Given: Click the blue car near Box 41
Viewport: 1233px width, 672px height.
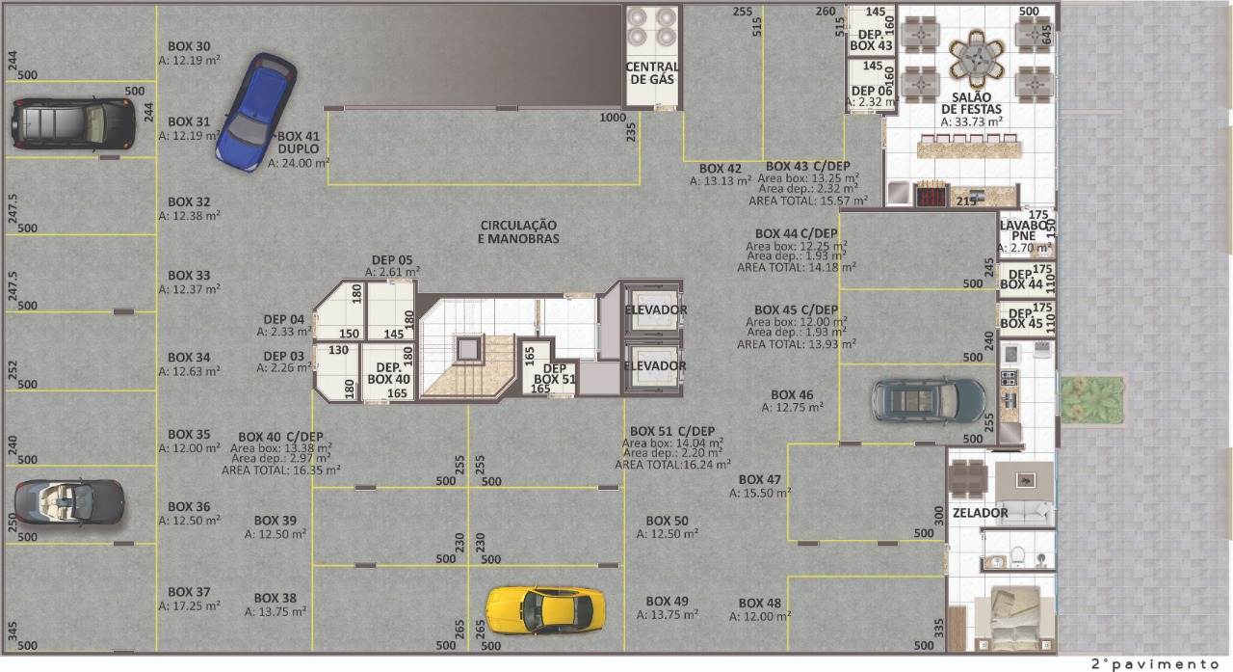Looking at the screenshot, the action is [256, 112].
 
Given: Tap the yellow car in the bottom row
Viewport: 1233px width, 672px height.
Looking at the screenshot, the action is [545, 609].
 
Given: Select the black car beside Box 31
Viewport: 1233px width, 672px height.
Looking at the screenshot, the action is [73, 123].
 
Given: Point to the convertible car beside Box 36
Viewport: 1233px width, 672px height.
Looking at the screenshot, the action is [69, 501].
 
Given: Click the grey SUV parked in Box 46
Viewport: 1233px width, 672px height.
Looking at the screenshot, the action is [928, 400].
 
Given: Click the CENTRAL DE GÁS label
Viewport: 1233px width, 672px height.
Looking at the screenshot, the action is [652, 72].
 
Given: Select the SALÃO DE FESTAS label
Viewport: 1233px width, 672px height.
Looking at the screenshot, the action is [971, 103].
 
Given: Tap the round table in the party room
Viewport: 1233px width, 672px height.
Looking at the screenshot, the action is [977, 59].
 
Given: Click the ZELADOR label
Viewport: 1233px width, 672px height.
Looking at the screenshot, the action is [981, 513].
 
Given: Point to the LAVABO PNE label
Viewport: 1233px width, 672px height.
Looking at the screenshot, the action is [1023, 230].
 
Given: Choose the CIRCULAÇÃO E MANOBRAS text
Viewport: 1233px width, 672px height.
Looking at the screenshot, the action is [518, 232].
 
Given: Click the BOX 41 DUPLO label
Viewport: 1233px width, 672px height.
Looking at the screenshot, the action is [299, 142].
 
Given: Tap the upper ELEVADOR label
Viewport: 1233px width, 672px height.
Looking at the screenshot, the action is [656, 309].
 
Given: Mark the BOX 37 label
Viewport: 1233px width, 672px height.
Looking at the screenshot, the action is [189, 592].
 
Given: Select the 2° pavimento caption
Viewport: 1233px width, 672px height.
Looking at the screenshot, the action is [1155, 663].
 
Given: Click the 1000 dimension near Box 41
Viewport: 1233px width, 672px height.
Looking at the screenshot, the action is [613, 118].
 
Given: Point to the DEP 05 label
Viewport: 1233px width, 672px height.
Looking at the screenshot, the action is [392, 260].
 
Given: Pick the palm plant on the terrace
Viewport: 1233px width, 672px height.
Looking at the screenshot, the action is [1092, 400].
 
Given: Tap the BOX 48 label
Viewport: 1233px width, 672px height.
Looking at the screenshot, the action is [759, 604].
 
